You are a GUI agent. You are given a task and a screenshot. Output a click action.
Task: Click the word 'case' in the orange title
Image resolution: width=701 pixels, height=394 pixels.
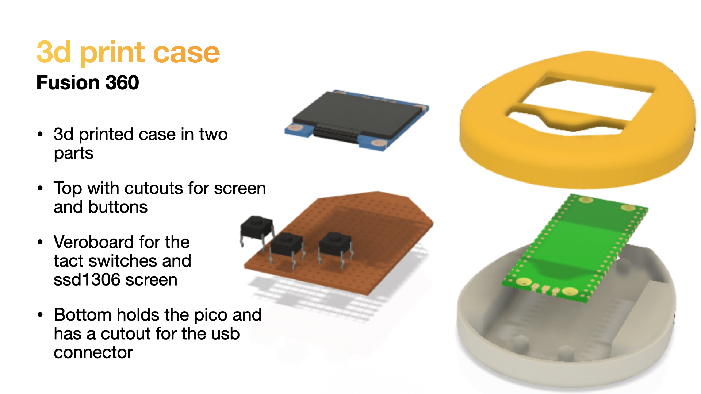click(x=186, y=53)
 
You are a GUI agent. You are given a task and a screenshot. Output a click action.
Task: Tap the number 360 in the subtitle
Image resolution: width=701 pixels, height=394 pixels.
click(x=122, y=82)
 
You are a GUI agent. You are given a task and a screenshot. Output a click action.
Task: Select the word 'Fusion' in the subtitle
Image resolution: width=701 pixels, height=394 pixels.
click(x=68, y=82)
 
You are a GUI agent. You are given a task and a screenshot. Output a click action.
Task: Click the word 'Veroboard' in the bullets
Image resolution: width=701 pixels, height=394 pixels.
click(x=122, y=242)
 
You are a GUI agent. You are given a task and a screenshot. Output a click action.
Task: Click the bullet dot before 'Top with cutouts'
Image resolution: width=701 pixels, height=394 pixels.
click(x=40, y=188)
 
